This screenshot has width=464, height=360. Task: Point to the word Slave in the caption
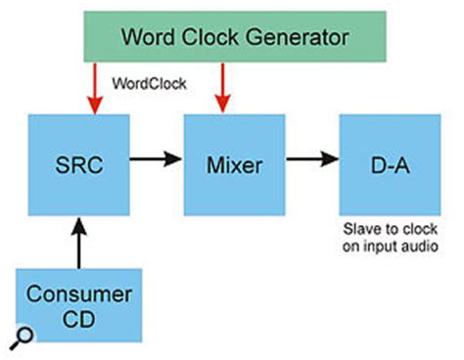[358, 232]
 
